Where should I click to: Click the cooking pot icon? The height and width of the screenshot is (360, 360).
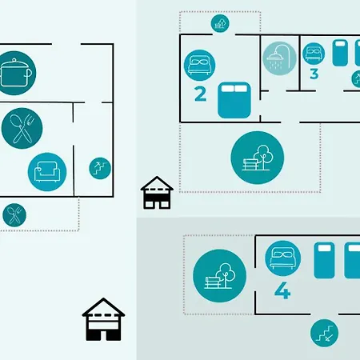[x=17, y=73]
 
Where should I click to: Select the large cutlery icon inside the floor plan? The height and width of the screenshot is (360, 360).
[x=22, y=128]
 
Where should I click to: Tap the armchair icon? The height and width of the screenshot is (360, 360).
[x=47, y=172]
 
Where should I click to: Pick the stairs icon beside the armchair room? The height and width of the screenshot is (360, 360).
[x=100, y=168]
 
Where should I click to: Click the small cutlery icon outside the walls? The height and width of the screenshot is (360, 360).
[x=14, y=215]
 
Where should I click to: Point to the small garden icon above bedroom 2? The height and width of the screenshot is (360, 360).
[x=220, y=23]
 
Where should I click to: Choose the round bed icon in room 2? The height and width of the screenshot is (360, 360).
[x=199, y=66]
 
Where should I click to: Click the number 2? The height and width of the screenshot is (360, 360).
[x=201, y=94]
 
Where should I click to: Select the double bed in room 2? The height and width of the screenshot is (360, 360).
[x=234, y=100]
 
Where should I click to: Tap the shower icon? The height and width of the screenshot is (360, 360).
[x=279, y=58]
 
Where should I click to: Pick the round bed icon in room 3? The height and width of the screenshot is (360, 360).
[x=314, y=54]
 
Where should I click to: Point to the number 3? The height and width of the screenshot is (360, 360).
[x=314, y=74]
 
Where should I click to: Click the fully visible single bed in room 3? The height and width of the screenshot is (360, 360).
[x=340, y=53]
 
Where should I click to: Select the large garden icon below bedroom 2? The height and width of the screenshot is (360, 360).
[x=258, y=158]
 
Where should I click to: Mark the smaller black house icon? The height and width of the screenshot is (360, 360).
[x=157, y=193]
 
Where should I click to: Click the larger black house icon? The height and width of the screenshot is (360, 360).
[x=103, y=319]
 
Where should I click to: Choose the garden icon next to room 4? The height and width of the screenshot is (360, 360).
[x=219, y=276]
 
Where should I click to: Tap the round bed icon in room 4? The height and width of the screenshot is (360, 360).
[x=283, y=258]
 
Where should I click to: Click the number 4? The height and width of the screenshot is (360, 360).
[x=282, y=290]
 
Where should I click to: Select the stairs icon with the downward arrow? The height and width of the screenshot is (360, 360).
[x=324, y=333]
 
